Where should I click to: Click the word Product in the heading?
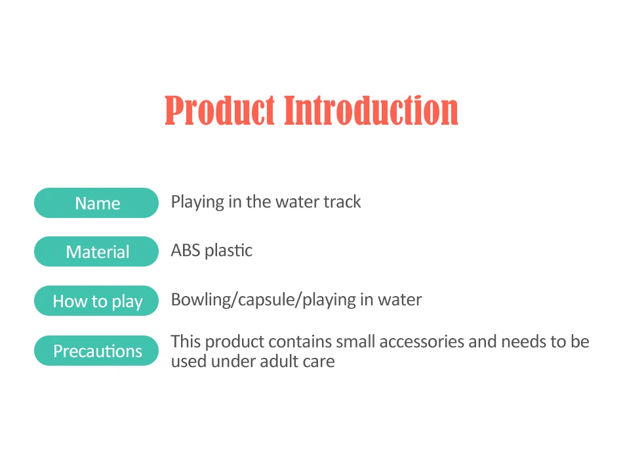pyautogui.click(x=220, y=110)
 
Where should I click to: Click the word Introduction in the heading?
pyautogui.click(x=371, y=110)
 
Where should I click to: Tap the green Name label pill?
pyautogui.click(x=96, y=203)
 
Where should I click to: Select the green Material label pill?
pyautogui.click(x=96, y=251)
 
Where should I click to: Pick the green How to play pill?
pyautogui.click(x=96, y=301)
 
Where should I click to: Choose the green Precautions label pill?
pyautogui.click(x=96, y=351)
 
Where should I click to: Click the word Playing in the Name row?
pyautogui.click(x=197, y=202)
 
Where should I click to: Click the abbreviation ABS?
pyautogui.click(x=186, y=251)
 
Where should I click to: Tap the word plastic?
pyautogui.click(x=228, y=251)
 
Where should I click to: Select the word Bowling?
pyautogui.click(x=201, y=300)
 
